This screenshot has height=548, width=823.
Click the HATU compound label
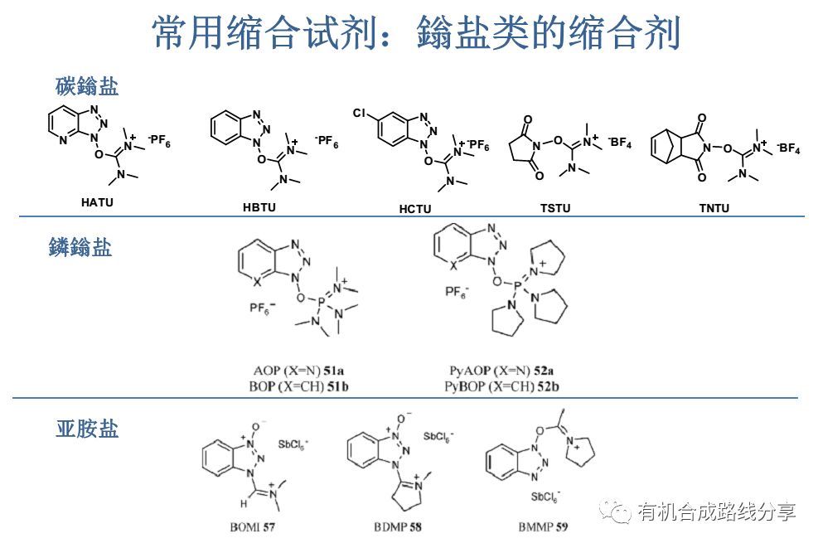pyautogui.click(x=97, y=203)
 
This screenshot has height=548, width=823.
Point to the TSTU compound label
pyautogui.click(x=555, y=208)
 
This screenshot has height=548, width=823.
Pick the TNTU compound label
pyautogui.click(x=714, y=208)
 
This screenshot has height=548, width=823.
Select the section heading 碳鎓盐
pyautogui.click(x=87, y=86)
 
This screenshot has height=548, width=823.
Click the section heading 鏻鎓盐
pyautogui.click(x=80, y=246)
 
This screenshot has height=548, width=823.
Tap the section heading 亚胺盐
pyautogui.click(x=87, y=428)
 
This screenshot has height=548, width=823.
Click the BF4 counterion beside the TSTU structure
pyautogui.click(x=620, y=143)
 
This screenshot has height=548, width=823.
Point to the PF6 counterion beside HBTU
pyautogui.click(x=327, y=143)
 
